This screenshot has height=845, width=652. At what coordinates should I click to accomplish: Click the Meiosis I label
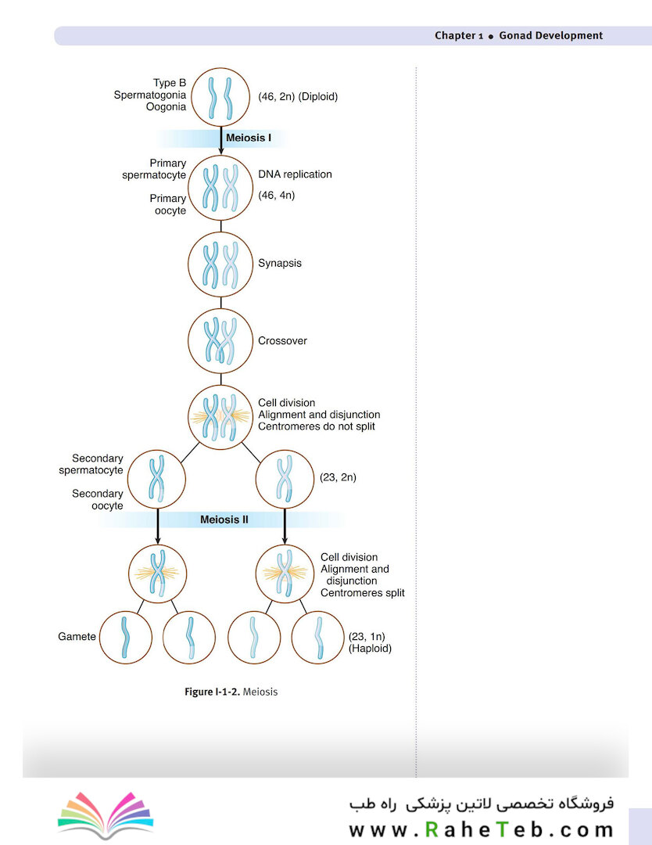248,138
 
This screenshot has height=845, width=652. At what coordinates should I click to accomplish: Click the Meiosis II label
224,519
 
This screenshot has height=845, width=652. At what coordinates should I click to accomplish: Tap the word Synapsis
279,264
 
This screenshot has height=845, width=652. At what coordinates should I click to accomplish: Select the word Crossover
282,341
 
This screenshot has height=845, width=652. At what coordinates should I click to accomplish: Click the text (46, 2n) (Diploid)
298,97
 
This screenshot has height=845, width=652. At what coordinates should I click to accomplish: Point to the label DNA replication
295,174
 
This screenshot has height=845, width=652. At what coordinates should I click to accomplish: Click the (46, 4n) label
276,194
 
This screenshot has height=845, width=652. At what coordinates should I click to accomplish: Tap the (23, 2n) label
338,476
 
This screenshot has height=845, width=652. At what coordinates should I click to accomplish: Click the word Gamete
77,636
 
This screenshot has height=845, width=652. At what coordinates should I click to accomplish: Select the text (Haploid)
370,649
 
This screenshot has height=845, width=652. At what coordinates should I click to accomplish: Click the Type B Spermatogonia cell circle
220,97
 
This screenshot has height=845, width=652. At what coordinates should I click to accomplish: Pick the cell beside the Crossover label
220,341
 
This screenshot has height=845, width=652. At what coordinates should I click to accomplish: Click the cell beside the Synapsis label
220,264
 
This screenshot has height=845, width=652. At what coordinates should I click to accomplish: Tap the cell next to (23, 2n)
285,479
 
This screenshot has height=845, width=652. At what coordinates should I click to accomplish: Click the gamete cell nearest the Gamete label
126,637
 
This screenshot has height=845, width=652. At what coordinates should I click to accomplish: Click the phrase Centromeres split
362,593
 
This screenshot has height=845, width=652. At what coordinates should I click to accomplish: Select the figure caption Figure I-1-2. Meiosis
231,692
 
